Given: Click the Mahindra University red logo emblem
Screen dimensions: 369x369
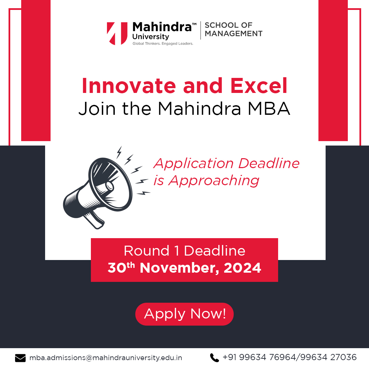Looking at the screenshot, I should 117,33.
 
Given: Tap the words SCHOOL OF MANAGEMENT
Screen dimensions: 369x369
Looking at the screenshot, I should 233,29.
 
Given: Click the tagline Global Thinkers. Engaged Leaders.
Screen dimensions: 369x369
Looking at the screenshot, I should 163,43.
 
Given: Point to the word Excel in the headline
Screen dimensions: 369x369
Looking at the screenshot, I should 259,86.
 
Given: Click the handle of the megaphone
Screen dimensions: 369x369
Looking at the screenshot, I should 94,219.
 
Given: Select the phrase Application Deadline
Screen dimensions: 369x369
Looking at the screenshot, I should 226,163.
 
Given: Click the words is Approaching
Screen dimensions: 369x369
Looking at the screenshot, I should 206,180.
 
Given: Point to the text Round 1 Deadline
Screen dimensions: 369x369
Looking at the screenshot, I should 184,251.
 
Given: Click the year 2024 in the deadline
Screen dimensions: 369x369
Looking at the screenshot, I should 242,268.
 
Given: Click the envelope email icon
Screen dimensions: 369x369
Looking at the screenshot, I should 20,358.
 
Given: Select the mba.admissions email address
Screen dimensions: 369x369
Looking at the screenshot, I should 106,358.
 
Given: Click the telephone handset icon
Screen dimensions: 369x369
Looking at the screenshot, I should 214,358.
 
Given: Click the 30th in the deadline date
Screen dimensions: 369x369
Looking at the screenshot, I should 122,268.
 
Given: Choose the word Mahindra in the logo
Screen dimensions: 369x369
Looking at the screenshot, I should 162,27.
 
